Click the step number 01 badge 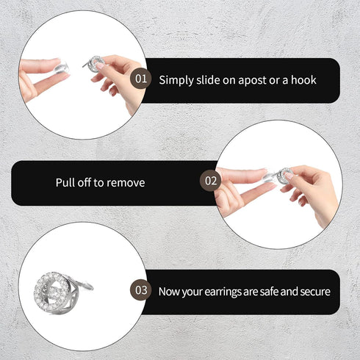[x=141, y=79]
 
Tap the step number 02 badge [x=211, y=180]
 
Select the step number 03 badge [x=140, y=291]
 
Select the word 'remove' [x=126, y=182]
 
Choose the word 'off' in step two [x=87, y=182]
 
